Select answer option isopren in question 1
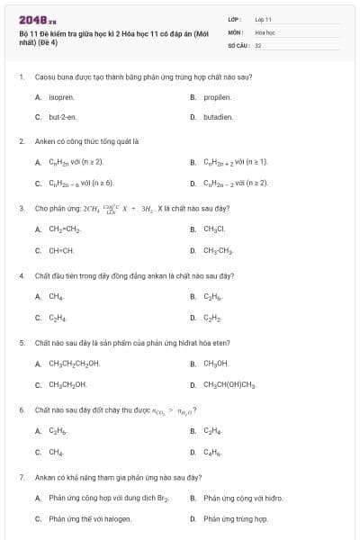pos(61,96)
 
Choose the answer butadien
pos(219,117)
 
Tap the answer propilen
pos(218,96)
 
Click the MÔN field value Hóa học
pos(265,31)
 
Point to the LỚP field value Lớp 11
pos(264,19)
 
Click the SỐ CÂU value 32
pos(258,44)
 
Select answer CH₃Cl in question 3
pos(216,229)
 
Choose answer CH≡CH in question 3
pos(61,250)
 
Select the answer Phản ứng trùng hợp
pos(236,518)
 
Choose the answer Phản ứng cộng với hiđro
pos(243,498)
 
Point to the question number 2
pos(21,141)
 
